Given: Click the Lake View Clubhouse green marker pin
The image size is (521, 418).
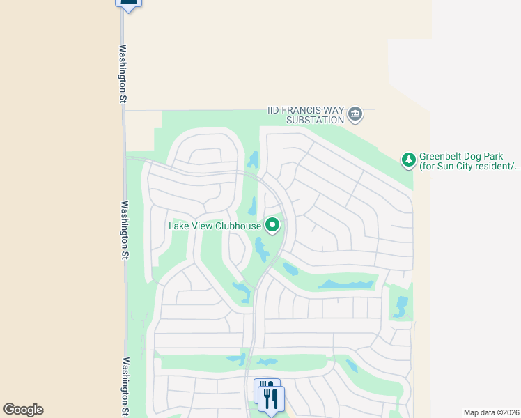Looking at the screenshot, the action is click(x=273, y=225).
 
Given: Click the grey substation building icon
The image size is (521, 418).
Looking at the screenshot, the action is click(x=355, y=114).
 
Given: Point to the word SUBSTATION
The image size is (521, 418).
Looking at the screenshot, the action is click(x=316, y=120).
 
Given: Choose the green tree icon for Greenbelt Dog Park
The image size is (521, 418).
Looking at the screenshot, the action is click(x=409, y=160).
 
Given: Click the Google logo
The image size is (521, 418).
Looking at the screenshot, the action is click(x=23, y=410).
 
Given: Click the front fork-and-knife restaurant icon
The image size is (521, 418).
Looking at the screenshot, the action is click(x=271, y=400).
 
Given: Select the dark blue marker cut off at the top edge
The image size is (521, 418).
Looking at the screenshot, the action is click(x=128, y=3).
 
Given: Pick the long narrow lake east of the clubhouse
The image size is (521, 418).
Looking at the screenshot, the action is click(x=346, y=284).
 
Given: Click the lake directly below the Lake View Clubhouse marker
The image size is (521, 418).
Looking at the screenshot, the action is click(x=261, y=248).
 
